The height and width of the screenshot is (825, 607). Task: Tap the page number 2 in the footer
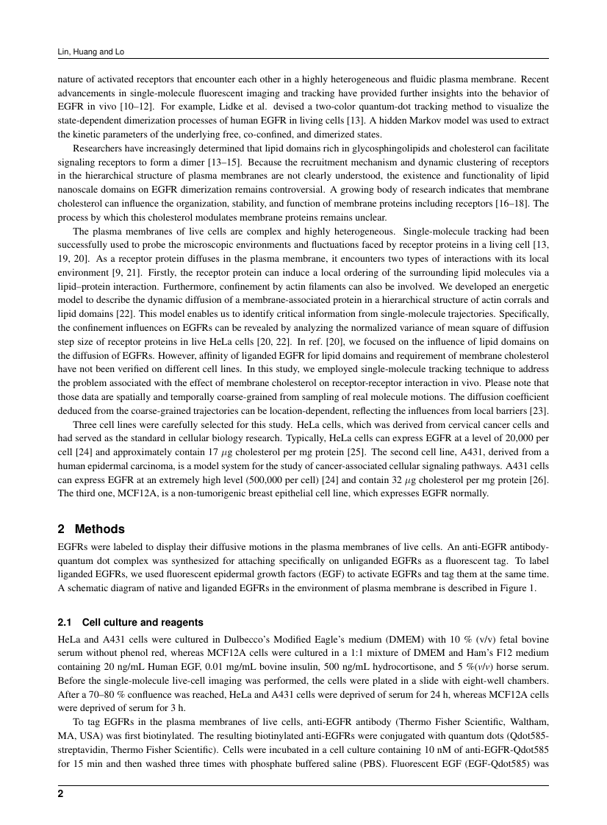pyautogui.click(x=60, y=794)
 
